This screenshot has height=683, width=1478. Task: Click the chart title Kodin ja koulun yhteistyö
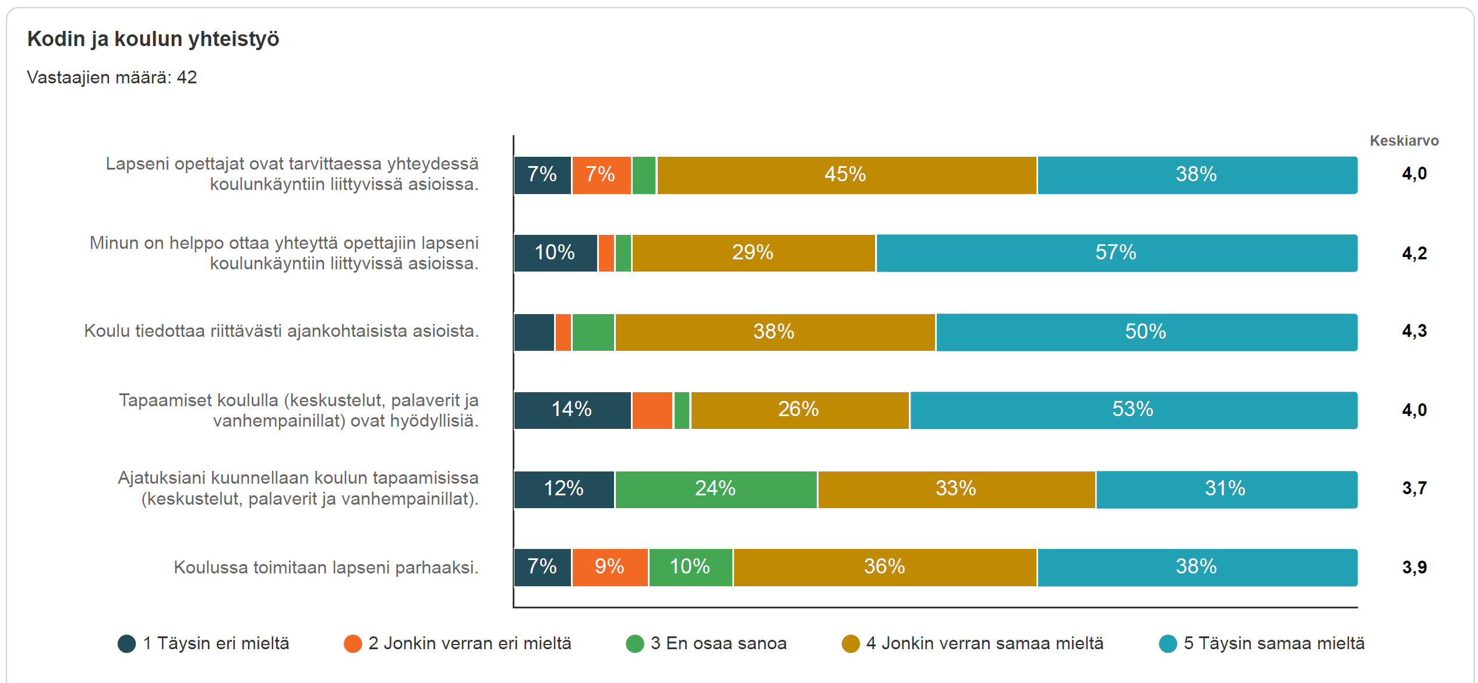coord(153,39)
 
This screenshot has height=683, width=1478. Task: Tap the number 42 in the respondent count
coord(187,78)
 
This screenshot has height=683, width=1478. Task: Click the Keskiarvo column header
coord(1404,140)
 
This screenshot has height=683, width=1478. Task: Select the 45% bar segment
coord(846,175)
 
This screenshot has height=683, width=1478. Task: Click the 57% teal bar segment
coord(1117,253)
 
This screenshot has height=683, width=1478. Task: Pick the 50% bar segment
coord(1147,332)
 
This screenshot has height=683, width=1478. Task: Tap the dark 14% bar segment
coord(572,410)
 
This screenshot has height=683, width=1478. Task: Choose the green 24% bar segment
coord(716,490)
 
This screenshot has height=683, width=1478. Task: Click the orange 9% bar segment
coord(610,568)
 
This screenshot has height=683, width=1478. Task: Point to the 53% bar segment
coord(1134,410)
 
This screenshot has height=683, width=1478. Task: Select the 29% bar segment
coord(754,253)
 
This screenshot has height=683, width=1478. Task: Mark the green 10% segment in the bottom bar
coord(690,568)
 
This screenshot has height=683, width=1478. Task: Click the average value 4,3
coord(1414,331)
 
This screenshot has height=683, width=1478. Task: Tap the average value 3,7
coord(1414,488)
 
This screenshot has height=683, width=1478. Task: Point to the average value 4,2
coord(1414,253)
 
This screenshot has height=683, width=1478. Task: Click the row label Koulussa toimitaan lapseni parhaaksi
coord(326,568)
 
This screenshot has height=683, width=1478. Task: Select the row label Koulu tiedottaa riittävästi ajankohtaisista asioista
coord(281,331)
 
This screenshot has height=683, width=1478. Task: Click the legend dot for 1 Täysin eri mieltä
coord(126,644)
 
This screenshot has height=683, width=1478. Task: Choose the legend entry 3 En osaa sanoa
coord(706,643)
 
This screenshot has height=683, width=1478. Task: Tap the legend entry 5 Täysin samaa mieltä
coord(1262,643)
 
